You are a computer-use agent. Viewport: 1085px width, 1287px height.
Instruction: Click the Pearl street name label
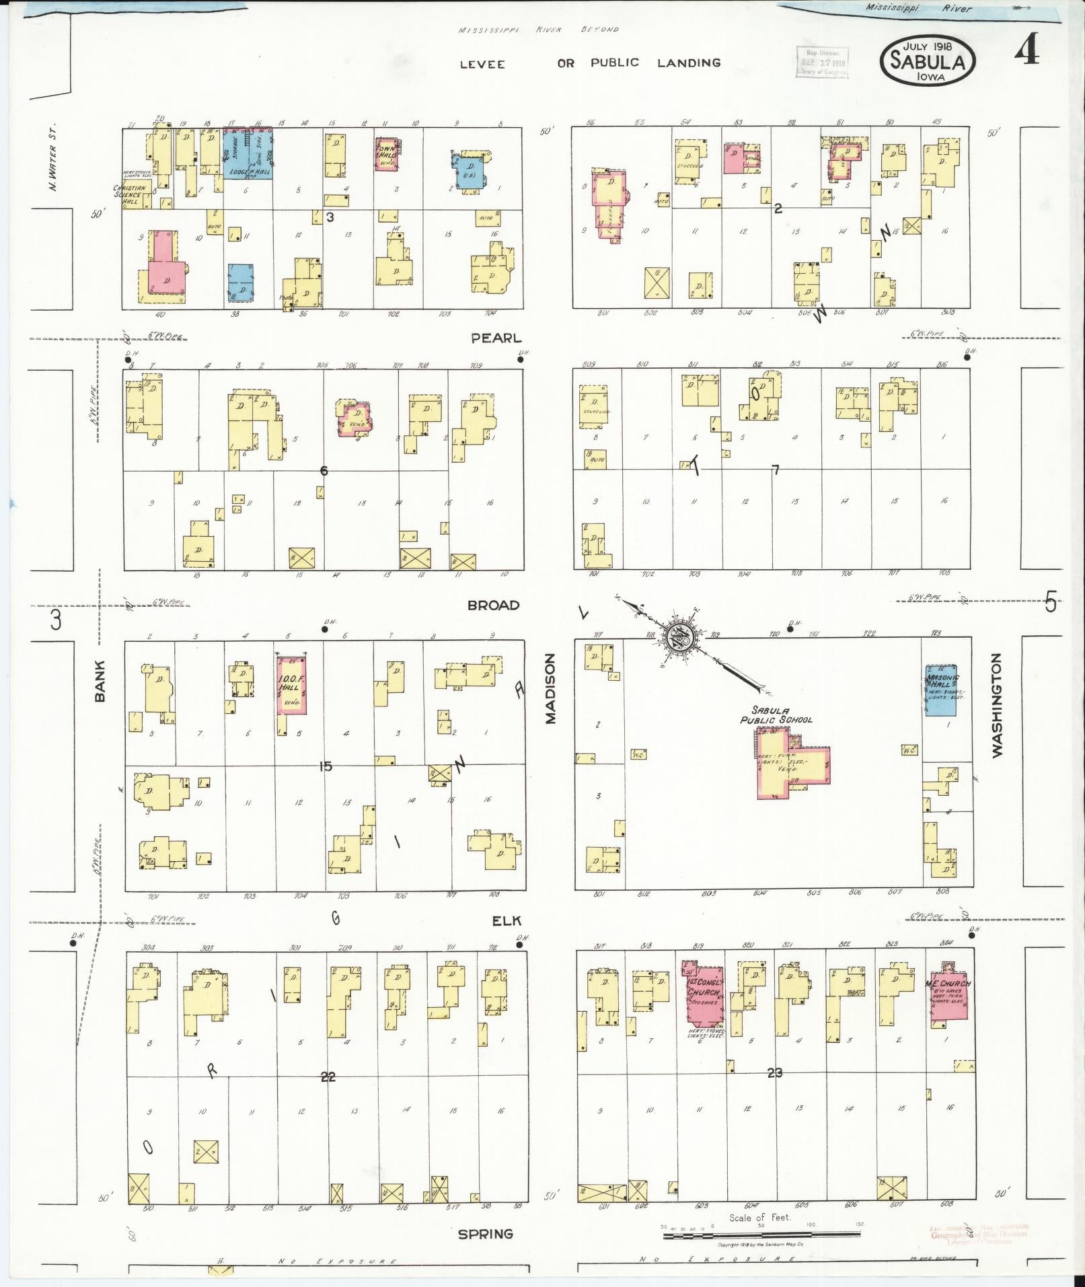[x=496, y=338]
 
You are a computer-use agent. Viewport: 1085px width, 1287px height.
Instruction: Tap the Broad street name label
[x=494, y=605]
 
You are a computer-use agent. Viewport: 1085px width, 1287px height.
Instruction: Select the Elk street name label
[x=507, y=921]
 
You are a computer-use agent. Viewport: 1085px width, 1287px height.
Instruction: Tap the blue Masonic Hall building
[x=944, y=690]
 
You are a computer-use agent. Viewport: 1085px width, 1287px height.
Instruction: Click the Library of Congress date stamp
[x=822, y=62]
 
